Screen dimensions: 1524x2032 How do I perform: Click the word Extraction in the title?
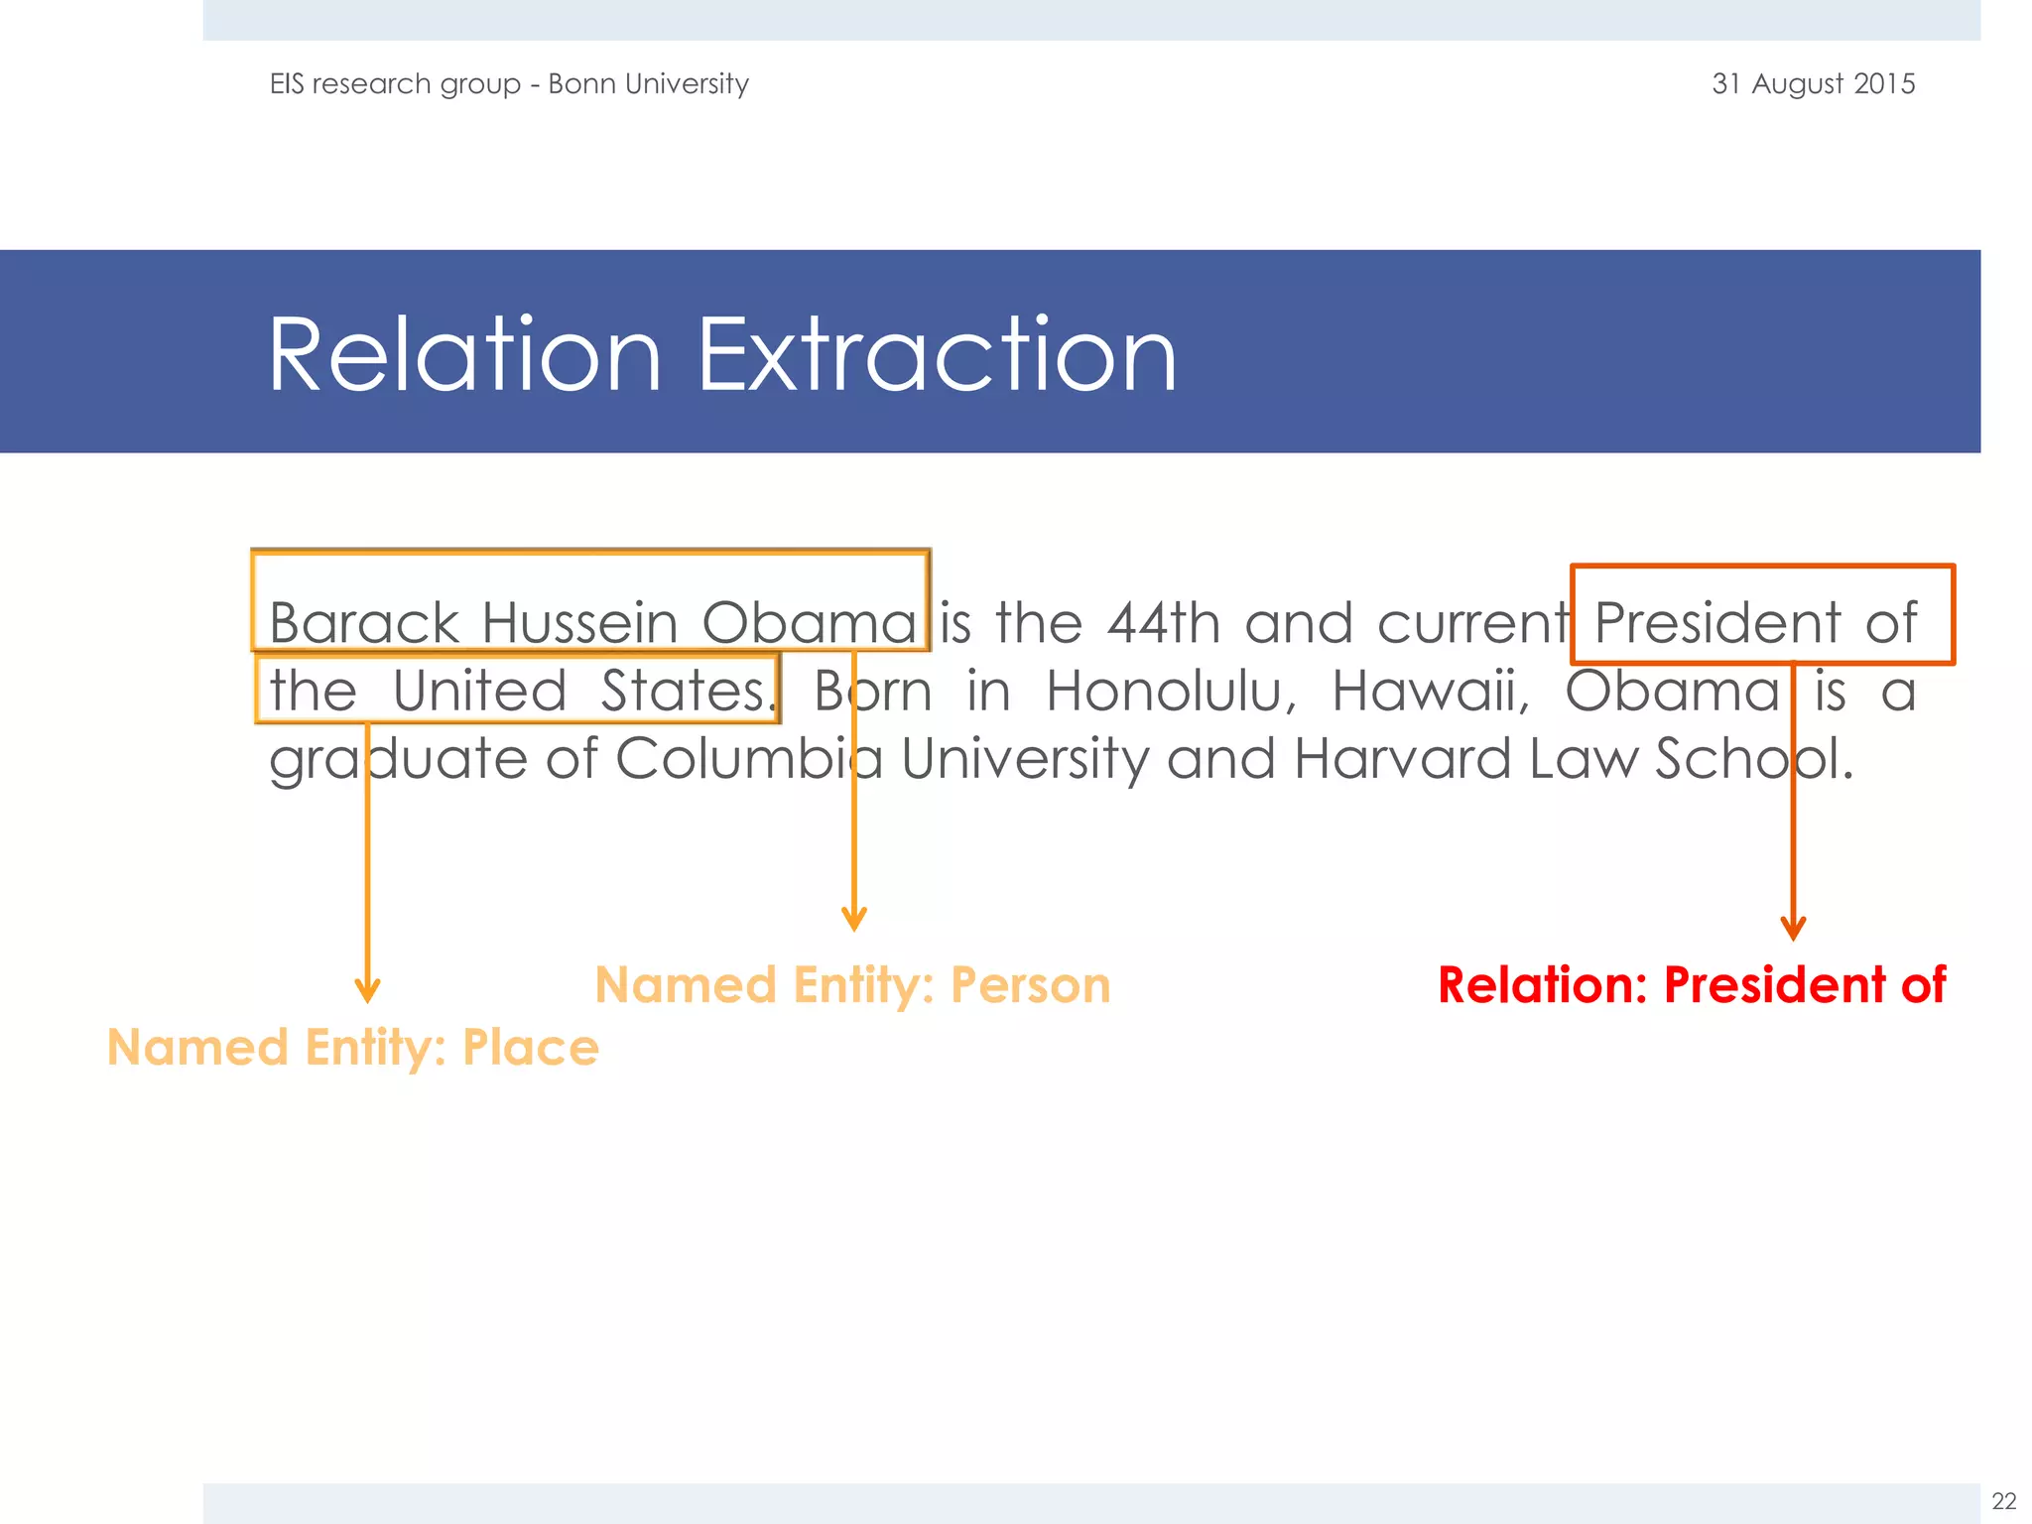(x=937, y=355)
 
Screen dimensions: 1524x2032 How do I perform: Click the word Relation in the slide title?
(x=464, y=355)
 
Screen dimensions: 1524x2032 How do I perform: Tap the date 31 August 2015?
(x=1813, y=83)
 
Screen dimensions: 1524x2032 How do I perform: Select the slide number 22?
(x=2003, y=1500)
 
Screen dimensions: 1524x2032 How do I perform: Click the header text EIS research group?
(x=395, y=84)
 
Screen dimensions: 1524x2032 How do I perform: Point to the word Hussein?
(x=579, y=623)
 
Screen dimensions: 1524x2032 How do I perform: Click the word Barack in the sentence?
(x=363, y=623)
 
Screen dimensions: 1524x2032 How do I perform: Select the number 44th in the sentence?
(x=1163, y=623)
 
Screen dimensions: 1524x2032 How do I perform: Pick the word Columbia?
(x=748, y=758)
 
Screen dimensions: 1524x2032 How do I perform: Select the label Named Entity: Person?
(x=852, y=985)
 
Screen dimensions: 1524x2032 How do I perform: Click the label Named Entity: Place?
(x=353, y=1048)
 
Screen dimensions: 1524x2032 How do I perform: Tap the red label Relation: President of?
(x=1692, y=985)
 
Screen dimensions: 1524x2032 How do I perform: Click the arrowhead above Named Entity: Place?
(x=367, y=990)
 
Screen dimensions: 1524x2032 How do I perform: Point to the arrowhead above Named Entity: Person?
(x=854, y=919)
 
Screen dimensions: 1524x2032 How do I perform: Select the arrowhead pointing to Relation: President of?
(x=1793, y=929)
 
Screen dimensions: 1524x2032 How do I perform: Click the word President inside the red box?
(x=1716, y=623)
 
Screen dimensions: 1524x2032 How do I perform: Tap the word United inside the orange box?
(x=479, y=691)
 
